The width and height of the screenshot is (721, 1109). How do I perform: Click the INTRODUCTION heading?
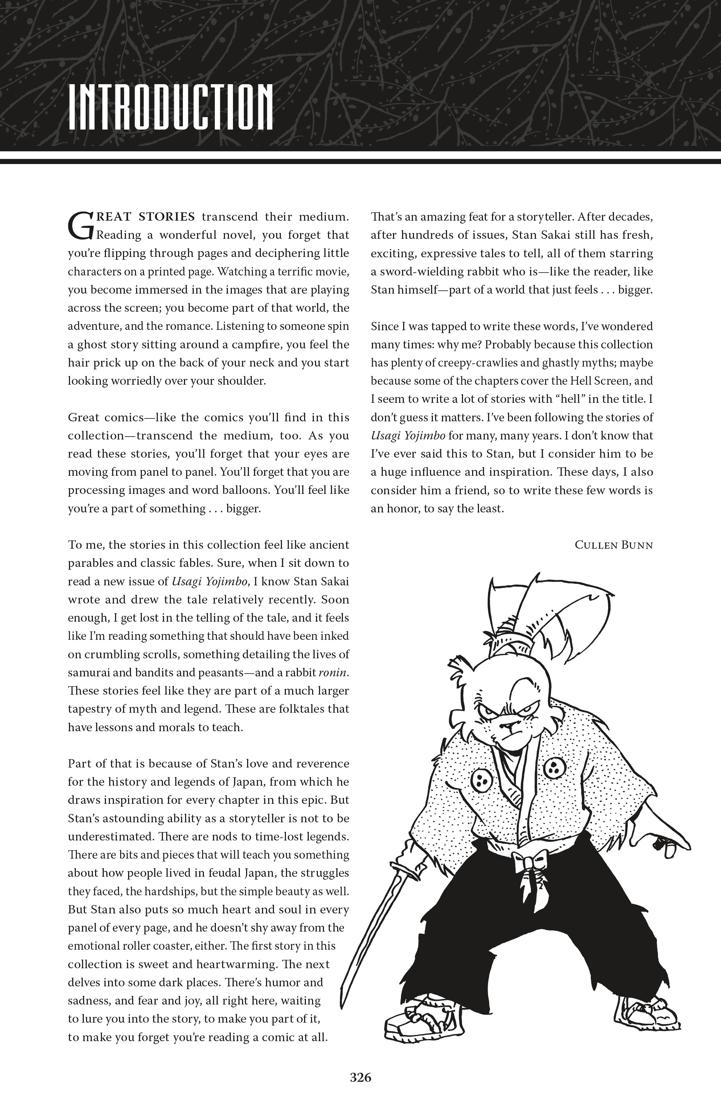pos(171,107)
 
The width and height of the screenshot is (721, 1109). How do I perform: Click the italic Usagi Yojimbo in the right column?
pos(408,436)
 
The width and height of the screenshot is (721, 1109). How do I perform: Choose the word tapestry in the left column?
pos(89,709)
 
